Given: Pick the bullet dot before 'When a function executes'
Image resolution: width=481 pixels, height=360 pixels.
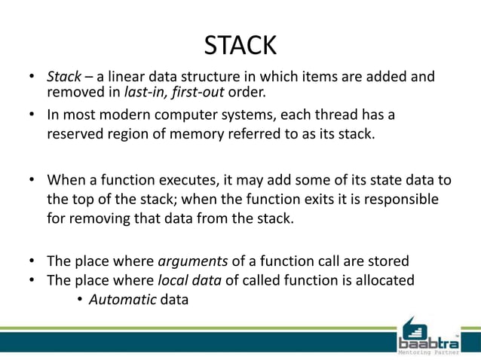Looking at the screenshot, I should (x=33, y=181).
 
